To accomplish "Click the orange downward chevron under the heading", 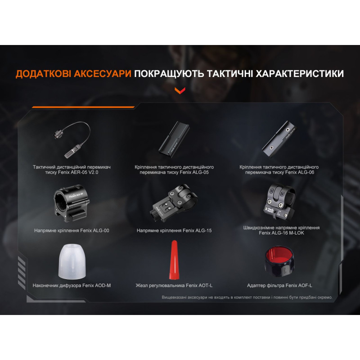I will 180,91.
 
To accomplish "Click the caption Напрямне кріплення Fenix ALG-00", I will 72,230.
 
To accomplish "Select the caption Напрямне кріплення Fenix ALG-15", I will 174,230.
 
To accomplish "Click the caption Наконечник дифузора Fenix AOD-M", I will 72,285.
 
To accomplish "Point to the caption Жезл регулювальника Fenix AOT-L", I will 174,285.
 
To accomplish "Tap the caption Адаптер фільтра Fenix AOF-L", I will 279,285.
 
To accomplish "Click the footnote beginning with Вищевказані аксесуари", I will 247,297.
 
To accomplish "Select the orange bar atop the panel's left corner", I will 83,108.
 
